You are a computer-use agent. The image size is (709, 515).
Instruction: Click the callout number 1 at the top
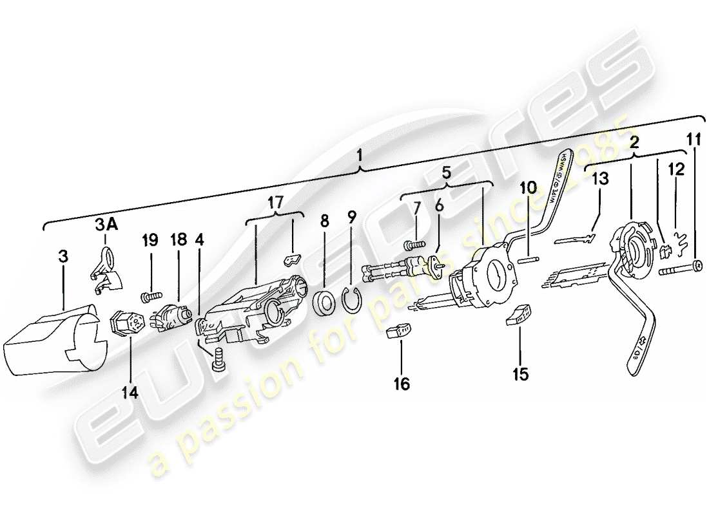[x=360, y=155]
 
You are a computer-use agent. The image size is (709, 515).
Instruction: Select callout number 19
[x=150, y=240]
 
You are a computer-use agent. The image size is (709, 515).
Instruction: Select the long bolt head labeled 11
[x=696, y=265]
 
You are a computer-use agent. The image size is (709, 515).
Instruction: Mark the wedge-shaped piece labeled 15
[x=520, y=315]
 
